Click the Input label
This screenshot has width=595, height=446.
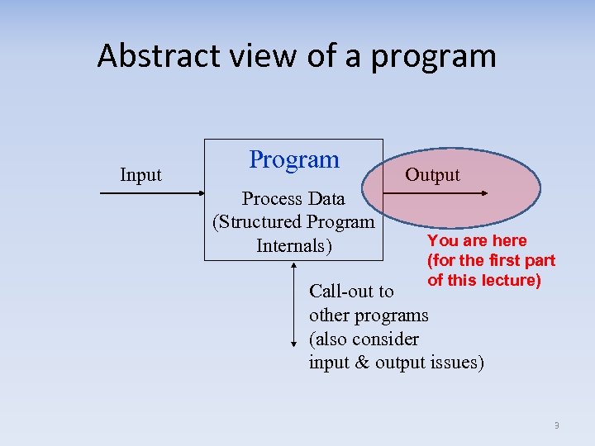point(140,175)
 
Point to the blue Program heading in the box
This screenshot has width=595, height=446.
point(294,159)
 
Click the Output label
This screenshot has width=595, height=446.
point(432,175)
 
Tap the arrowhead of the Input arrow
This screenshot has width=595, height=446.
point(201,193)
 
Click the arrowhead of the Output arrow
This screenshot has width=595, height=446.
point(488,193)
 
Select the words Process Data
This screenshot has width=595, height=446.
point(293,199)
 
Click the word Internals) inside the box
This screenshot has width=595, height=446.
point(294,246)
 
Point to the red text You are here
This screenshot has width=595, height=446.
point(477,240)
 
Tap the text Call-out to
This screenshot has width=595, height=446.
point(351,292)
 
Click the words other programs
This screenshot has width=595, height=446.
point(369,315)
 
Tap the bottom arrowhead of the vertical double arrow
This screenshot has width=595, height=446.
point(294,343)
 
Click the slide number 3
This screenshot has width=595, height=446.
point(556,425)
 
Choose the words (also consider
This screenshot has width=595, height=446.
point(364,339)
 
